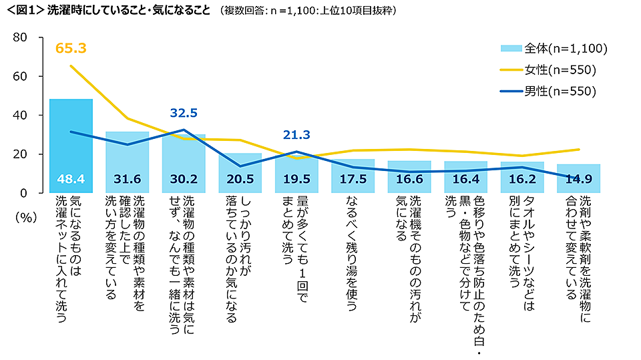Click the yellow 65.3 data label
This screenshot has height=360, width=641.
[71, 48]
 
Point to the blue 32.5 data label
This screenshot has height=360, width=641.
[184, 113]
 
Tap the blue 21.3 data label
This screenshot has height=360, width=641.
[296, 135]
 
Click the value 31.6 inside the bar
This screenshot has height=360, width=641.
[127, 180]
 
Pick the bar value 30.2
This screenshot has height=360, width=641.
[184, 180]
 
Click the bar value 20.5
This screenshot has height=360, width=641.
[240, 180]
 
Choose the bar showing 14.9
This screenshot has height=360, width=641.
[578, 180]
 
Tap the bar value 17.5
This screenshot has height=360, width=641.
[353, 180]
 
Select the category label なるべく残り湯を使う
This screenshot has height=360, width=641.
[353, 252]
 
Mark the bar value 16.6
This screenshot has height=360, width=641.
[409, 180]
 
